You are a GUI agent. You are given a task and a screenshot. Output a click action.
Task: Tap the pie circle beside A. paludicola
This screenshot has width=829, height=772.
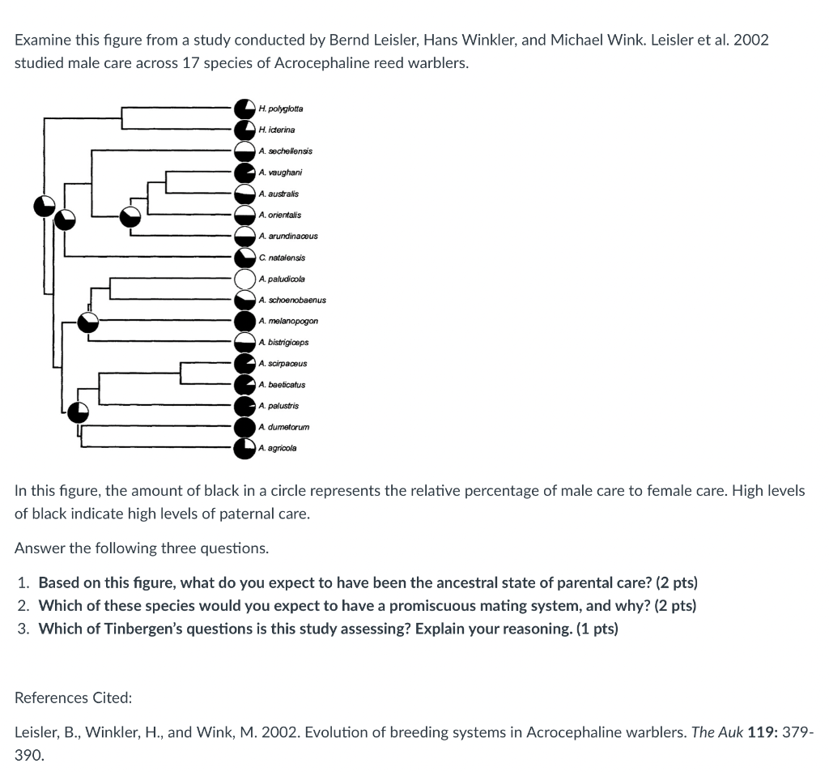pyautogui.click(x=245, y=279)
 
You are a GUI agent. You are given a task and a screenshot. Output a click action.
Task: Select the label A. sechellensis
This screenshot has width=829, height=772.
pyautogui.click(x=286, y=151)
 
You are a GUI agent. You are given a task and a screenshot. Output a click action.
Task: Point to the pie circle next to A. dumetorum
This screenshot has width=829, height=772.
pyautogui.click(x=245, y=427)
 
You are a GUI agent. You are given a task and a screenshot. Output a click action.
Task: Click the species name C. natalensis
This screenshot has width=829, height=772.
pyautogui.click(x=283, y=258)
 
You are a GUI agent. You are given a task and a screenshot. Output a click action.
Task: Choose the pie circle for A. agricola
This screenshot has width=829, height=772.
pyautogui.click(x=245, y=448)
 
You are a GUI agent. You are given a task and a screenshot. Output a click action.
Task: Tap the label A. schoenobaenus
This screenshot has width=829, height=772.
pyautogui.click(x=292, y=300)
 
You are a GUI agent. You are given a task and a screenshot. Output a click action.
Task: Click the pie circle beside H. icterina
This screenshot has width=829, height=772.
pyautogui.click(x=245, y=130)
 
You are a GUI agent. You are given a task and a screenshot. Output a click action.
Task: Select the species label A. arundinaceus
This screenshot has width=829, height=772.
pyautogui.click(x=288, y=236)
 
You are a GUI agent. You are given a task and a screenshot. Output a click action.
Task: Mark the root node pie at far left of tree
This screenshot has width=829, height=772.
pyautogui.click(x=45, y=206)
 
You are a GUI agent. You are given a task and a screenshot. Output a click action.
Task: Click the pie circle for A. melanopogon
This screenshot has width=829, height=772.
pyautogui.click(x=245, y=322)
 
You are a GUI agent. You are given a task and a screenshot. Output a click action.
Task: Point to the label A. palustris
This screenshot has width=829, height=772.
pyautogui.click(x=279, y=406)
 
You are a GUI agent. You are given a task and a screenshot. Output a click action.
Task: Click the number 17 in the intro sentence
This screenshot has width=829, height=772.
pyautogui.click(x=192, y=62)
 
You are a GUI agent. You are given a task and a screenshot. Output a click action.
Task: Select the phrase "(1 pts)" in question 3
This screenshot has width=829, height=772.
pyautogui.click(x=595, y=629)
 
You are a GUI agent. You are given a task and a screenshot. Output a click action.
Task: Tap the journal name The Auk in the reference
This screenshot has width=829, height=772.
pyautogui.click(x=714, y=732)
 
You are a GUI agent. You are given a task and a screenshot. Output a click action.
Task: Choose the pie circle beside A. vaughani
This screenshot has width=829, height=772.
pyautogui.click(x=245, y=173)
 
